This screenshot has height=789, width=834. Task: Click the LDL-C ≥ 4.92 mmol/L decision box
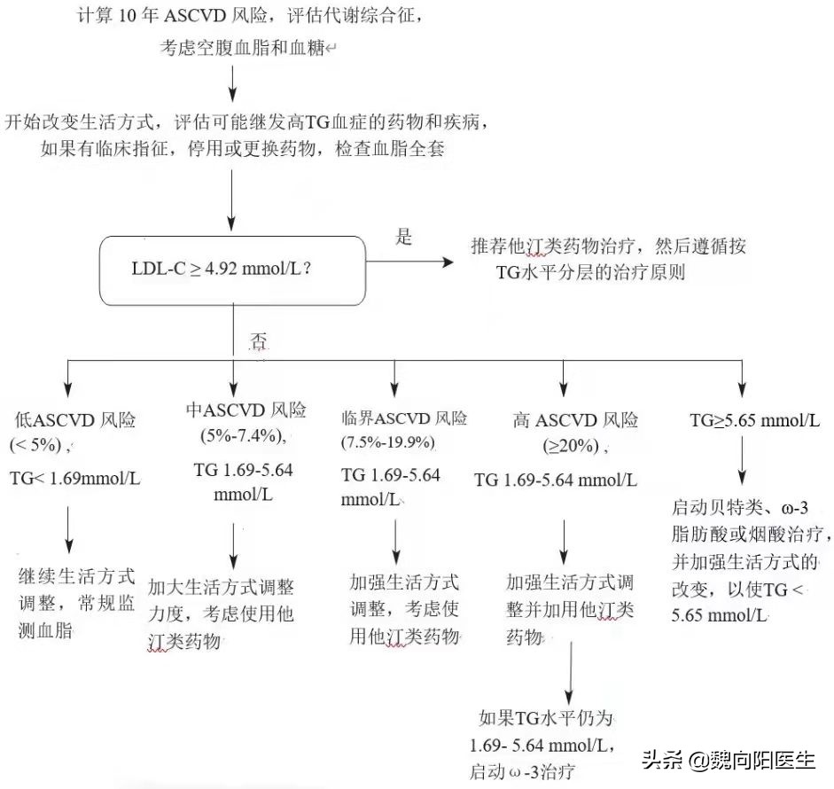click(233, 270)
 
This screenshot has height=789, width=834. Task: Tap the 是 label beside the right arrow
click(403, 238)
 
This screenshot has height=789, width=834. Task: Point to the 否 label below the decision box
click(258, 341)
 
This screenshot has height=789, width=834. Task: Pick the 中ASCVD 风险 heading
click(246, 410)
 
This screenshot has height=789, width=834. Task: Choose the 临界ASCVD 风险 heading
click(404, 418)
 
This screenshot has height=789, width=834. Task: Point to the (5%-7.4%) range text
click(243, 435)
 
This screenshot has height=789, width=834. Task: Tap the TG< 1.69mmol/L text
click(74, 479)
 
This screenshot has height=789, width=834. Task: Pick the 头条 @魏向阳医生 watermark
click(727, 761)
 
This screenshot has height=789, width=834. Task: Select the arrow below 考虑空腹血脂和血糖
click(232, 87)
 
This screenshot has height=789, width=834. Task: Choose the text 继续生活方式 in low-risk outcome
click(77, 575)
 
